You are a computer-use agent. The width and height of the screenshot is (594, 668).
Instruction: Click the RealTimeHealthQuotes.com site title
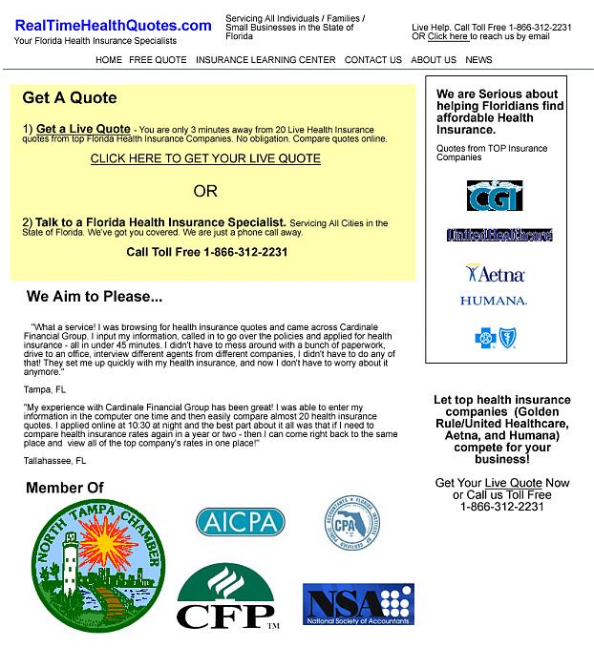(x=113, y=26)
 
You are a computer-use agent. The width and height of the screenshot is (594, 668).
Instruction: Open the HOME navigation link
(x=109, y=60)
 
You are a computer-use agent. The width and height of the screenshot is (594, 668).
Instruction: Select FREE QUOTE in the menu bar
(x=159, y=60)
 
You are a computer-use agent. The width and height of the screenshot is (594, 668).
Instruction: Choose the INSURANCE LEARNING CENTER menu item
(x=265, y=60)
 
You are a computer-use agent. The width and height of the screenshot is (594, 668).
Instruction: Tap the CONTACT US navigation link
(x=373, y=60)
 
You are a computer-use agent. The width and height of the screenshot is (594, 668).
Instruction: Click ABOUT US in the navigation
(x=434, y=60)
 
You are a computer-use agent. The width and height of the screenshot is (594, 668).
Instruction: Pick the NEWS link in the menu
(x=479, y=60)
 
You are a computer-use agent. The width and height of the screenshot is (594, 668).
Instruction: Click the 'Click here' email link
(x=448, y=36)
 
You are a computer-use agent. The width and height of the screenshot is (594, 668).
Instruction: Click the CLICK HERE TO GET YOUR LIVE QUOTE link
(x=205, y=158)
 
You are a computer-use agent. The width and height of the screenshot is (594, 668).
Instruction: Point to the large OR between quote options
(x=205, y=191)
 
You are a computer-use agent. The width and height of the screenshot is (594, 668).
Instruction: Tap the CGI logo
(x=495, y=196)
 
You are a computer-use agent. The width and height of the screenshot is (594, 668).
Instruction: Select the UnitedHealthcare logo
(x=499, y=235)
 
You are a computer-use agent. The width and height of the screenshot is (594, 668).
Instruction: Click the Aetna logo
(x=495, y=274)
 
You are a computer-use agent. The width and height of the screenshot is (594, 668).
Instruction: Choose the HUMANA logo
(x=494, y=301)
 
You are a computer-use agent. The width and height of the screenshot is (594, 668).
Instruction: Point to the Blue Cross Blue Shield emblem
(x=494, y=337)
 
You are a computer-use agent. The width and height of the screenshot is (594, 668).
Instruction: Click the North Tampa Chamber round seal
(x=87, y=567)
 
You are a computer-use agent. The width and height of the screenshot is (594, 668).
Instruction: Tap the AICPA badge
(x=241, y=522)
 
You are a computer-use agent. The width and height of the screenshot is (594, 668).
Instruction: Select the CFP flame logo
(x=226, y=596)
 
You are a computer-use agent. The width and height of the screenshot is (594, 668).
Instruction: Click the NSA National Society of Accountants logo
(x=358, y=605)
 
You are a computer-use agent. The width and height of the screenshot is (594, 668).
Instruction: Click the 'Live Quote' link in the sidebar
(x=513, y=483)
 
